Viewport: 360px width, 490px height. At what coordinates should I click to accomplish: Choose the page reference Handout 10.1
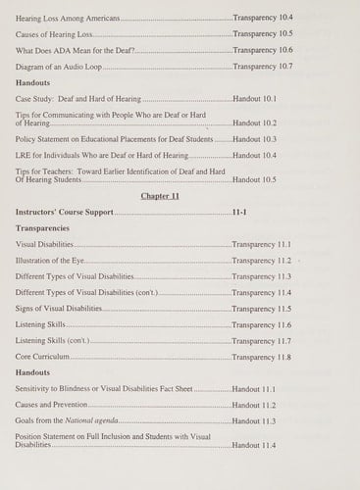[x=254, y=99]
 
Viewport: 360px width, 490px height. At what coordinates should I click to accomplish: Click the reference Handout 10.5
[x=254, y=180]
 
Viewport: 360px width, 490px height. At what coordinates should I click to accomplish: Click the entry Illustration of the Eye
[x=50, y=261]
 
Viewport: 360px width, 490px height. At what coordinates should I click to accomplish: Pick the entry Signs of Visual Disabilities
[x=59, y=309]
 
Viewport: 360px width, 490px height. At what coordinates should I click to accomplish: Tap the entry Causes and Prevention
[x=50, y=405]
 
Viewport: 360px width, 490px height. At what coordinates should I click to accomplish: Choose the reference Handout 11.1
[x=254, y=389]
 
